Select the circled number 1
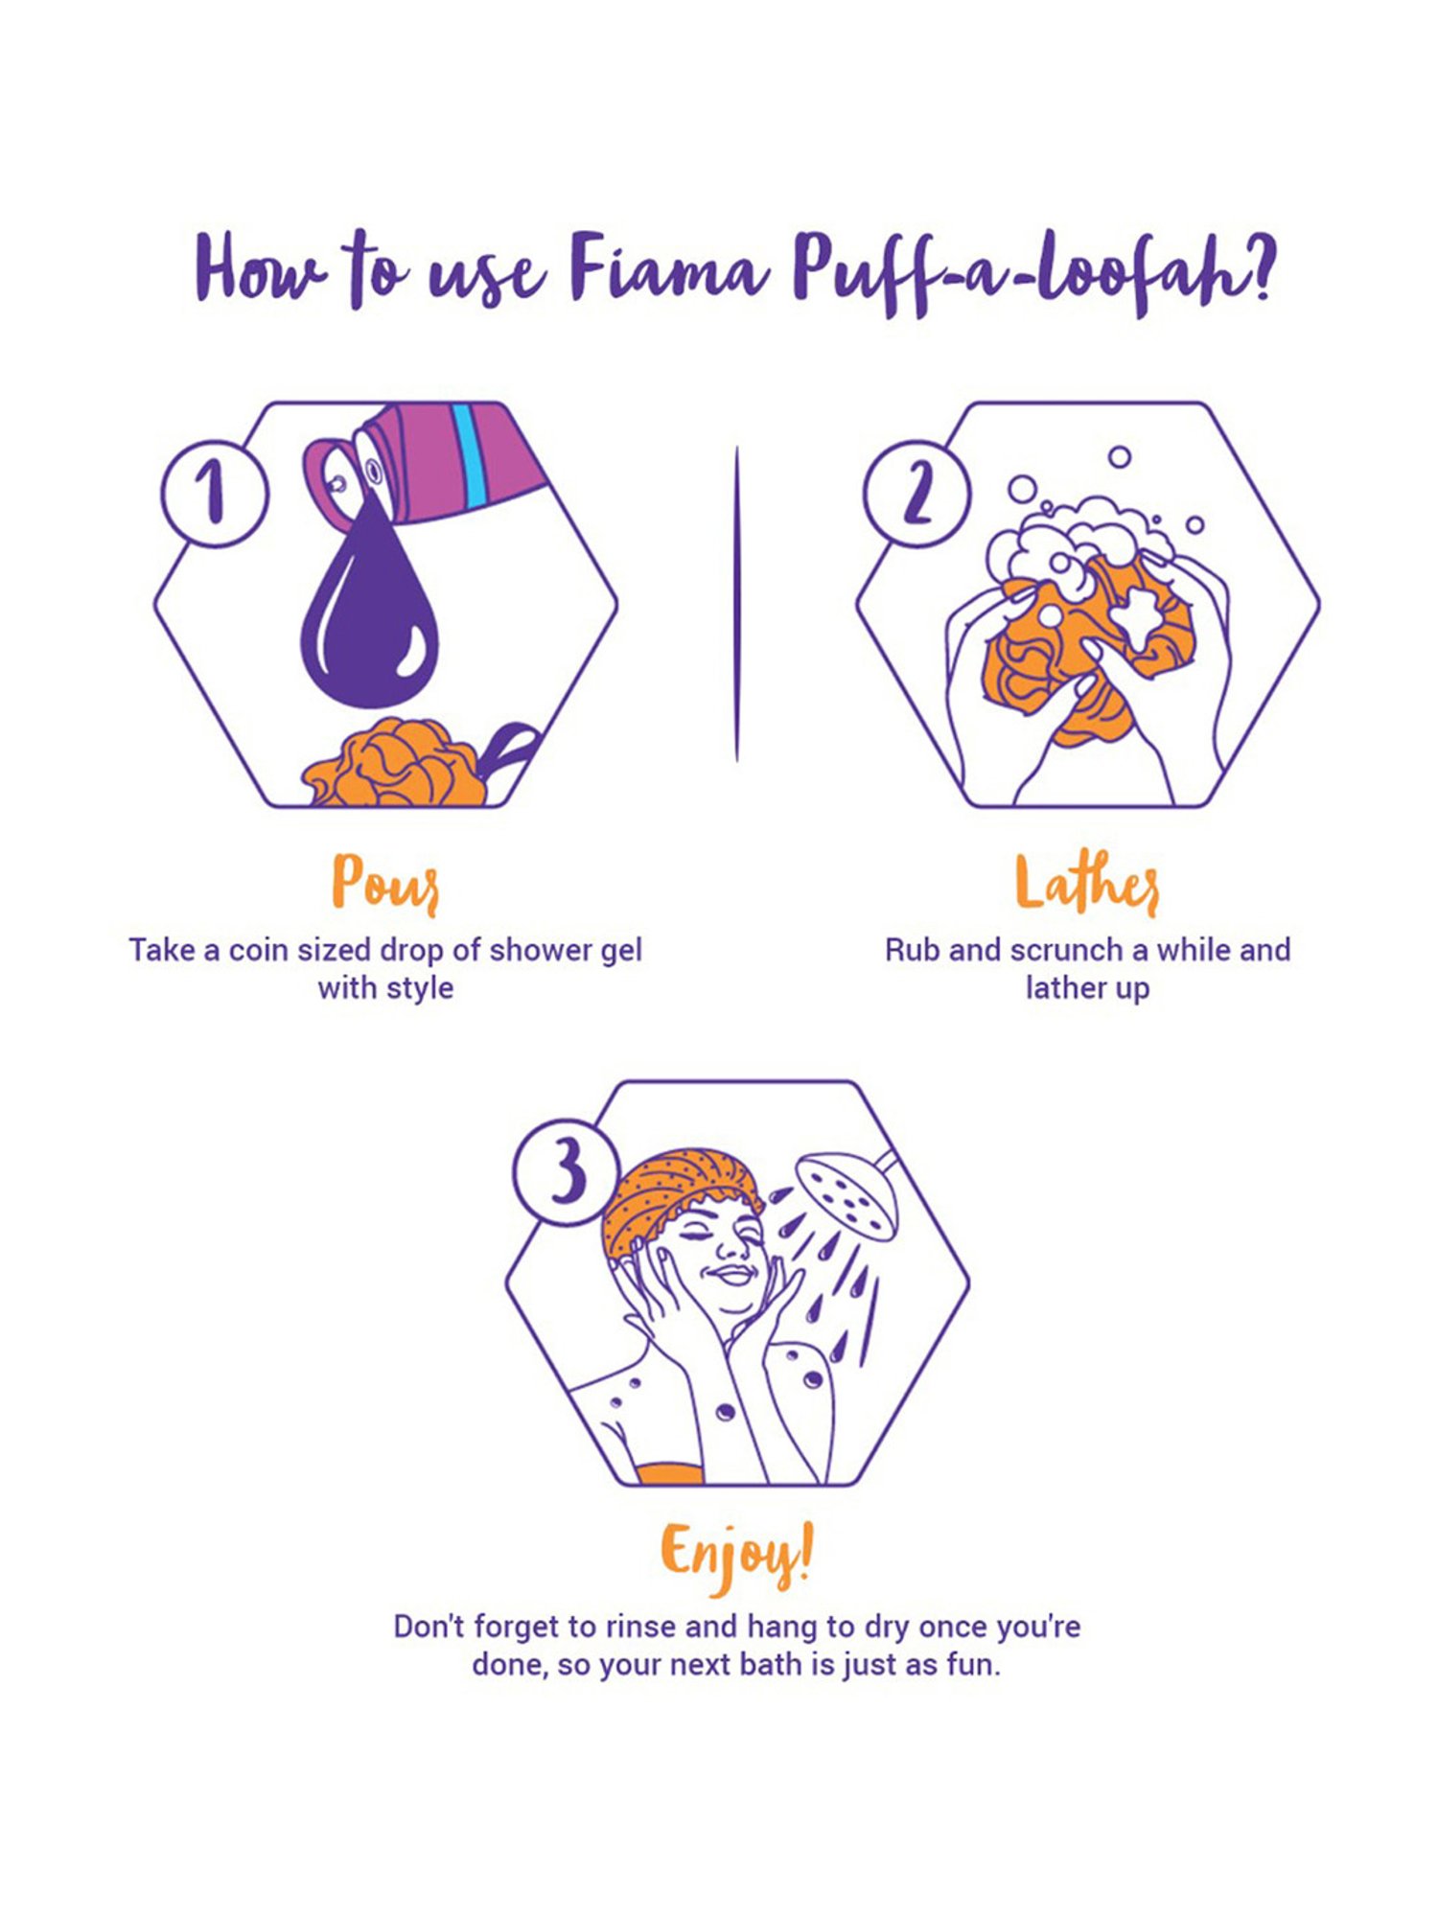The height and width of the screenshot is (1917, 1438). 215,493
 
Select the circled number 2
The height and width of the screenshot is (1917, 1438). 916,493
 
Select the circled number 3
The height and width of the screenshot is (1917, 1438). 567,1171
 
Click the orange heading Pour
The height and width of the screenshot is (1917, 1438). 385,884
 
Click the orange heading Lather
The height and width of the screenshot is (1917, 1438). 1087,884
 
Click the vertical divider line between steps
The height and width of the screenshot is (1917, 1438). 736,604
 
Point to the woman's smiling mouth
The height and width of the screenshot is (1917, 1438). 732,1276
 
